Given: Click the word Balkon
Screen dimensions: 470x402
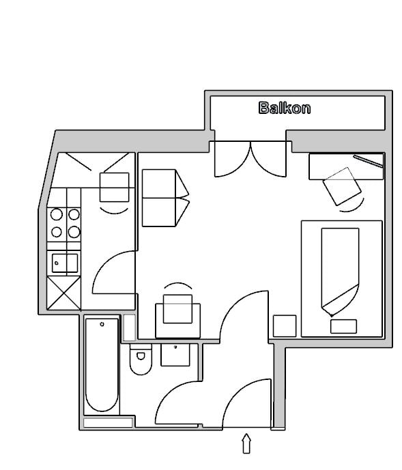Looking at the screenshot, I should pyautogui.click(x=285, y=108).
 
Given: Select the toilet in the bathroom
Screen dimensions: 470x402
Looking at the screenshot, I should pyautogui.click(x=140, y=361).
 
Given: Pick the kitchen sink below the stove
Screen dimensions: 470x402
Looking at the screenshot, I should pyautogui.click(x=63, y=262).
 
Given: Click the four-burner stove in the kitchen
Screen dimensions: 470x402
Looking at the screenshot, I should pyautogui.click(x=65, y=223).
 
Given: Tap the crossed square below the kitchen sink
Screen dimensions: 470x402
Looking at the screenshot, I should pyautogui.click(x=64, y=293).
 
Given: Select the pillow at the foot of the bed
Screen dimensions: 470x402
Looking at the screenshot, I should pyautogui.click(x=344, y=326).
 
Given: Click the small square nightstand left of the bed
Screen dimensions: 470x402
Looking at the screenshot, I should pyautogui.click(x=285, y=325).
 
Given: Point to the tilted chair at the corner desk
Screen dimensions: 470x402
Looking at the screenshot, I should pyautogui.click(x=341, y=186).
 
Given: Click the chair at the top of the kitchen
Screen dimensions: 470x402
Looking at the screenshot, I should pyautogui.click(x=114, y=187).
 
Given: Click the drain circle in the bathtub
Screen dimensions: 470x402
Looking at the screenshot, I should pyautogui.click(x=102, y=324).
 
